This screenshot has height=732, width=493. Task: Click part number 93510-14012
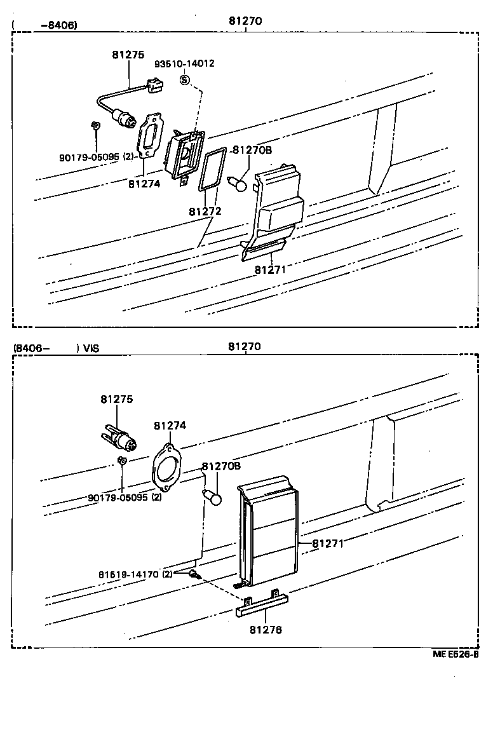[x=185, y=64]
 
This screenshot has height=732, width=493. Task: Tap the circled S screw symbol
[x=184, y=80]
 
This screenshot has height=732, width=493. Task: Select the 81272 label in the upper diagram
[x=205, y=210]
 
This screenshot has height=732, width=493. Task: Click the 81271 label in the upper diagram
[x=271, y=269]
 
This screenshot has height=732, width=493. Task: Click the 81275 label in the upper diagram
[x=128, y=55]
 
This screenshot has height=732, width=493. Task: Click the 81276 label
[x=266, y=630]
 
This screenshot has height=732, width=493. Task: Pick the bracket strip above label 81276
[x=262, y=606]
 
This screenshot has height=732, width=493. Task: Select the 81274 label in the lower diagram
[x=170, y=426]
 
